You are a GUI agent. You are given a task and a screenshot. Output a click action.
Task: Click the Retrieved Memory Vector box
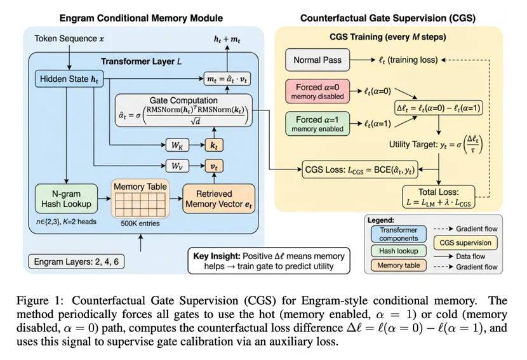pos(218,199)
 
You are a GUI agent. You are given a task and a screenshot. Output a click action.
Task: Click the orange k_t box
pos(213,146)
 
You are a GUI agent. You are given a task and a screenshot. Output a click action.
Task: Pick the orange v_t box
pos(213,167)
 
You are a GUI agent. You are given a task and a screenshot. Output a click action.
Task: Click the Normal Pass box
pos(317,60)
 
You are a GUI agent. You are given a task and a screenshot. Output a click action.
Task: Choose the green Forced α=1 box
pos(317,123)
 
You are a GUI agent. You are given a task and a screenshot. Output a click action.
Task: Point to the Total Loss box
pos(439,197)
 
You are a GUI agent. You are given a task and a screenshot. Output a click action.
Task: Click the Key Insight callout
pos(269,260)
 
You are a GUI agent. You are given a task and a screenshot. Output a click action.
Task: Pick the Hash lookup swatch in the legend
pos(399,250)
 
